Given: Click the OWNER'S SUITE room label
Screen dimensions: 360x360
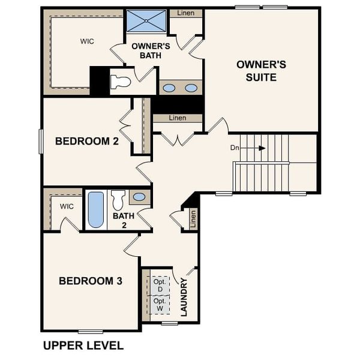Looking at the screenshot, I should coord(256,70).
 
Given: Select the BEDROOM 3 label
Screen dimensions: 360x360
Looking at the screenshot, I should coord(91,280).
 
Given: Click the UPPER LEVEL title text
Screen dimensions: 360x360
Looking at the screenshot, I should coord(83,346).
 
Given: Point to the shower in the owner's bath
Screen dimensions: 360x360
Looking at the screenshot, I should coord(146,21).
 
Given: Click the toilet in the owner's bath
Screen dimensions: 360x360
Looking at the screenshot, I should coord(121,82).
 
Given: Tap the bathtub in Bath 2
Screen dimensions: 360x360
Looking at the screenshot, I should coord(96,209).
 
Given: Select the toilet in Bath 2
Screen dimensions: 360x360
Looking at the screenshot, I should coord(118,199).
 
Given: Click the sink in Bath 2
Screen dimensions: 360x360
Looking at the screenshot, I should coord(139,197).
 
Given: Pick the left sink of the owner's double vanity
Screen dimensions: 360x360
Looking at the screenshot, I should coord(169,88).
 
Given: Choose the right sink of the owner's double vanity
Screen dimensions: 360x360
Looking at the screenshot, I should coord(191,88).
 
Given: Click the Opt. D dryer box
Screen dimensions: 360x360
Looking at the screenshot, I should coord(160,285).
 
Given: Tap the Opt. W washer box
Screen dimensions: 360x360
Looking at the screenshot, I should coord(160,304).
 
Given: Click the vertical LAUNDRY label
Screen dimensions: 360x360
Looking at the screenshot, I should coord(184,297).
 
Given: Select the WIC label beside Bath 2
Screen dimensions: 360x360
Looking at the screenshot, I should coord(67,206).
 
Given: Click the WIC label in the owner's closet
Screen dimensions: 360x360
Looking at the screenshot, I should coord(88,41).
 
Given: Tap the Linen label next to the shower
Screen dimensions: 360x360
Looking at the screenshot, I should coord(185,13).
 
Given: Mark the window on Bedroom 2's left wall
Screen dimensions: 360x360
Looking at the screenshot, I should coord(41,141).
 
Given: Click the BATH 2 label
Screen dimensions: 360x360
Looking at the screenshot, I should coord(124,220).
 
